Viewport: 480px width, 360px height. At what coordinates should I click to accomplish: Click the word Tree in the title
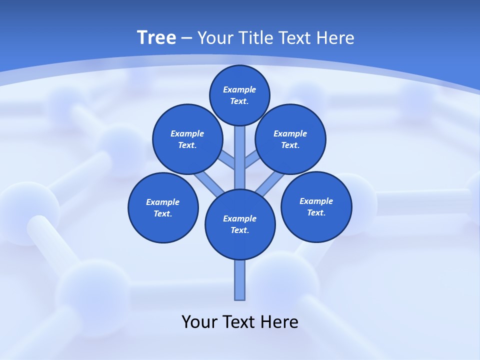[x=156, y=38]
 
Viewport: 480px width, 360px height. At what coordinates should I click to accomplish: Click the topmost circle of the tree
[x=239, y=95]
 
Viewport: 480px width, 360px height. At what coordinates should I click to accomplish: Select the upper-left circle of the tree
[x=187, y=139]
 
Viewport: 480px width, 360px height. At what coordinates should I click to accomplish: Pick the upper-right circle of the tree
[x=290, y=139]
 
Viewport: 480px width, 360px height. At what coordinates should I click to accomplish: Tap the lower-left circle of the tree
[x=163, y=207]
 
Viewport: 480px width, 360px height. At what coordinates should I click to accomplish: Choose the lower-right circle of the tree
[x=316, y=206]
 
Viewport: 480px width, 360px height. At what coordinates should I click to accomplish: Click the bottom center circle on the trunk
[x=240, y=224]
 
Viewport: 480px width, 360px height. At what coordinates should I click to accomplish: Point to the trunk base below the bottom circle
[x=240, y=280]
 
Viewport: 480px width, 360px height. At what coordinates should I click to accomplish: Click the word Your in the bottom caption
[x=200, y=322]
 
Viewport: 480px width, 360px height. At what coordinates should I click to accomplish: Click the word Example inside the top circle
[x=239, y=89]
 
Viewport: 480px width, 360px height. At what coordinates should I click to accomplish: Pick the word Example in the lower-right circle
[x=316, y=201]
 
